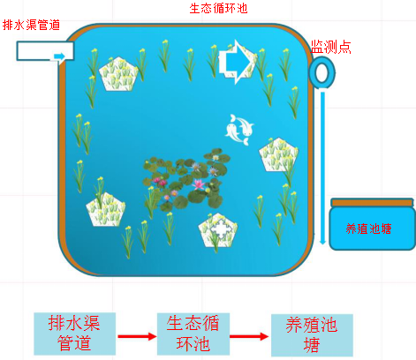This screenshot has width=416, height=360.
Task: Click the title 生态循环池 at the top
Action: click(218, 8)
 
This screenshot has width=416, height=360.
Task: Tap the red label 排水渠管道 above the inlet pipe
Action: click(31, 25)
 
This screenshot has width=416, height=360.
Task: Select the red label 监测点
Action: click(331, 47)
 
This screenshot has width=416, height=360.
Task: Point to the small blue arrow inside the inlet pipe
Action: click(59, 56)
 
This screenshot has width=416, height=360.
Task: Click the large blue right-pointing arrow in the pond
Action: click(236, 62)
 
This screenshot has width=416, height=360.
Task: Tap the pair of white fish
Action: click(239, 130)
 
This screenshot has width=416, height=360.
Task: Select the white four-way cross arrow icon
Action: click(221, 229)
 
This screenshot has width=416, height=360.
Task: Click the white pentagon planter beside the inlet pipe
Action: click(118, 74)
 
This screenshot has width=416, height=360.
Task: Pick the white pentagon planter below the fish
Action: click(278, 154)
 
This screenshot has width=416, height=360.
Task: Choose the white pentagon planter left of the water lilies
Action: click(106, 210)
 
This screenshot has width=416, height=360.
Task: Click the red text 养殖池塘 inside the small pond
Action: click(368, 229)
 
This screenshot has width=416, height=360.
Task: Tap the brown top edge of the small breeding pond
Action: click(372, 203)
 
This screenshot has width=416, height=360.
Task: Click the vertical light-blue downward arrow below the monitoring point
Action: click(322, 169)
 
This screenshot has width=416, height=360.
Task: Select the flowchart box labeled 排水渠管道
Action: click(74, 334)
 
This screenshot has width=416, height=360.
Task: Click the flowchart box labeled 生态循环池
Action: click(193, 334)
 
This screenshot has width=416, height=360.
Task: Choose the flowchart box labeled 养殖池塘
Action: click(312, 335)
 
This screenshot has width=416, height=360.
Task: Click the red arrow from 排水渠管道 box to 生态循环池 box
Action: click(137, 336)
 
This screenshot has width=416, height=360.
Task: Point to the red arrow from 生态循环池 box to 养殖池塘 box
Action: click(249, 336)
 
